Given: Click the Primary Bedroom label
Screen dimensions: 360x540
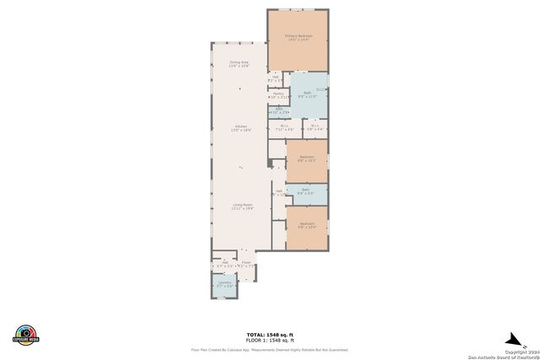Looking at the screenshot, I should (298, 38).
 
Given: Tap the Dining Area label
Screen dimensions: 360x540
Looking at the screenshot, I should (240, 63).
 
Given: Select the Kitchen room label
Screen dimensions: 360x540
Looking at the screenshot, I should (241, 129).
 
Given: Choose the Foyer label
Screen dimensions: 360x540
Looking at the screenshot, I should (246, 264).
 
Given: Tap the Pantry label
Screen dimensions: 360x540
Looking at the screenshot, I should (278, 95).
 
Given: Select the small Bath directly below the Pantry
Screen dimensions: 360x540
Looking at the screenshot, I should (279, 110).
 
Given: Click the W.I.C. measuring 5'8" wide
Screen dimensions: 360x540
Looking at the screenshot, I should (314, 128).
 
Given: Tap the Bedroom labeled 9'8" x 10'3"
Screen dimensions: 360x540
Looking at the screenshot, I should (306, 159).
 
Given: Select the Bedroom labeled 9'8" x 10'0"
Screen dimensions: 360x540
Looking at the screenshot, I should (306, 225).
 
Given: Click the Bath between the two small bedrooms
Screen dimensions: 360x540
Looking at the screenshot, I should (306, 192).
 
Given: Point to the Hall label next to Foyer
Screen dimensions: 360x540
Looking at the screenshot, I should (224, 264).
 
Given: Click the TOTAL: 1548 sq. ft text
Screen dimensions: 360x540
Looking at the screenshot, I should (270, 334).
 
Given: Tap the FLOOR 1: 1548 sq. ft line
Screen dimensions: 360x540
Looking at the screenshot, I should (270, 339).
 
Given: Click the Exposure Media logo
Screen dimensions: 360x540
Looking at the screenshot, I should (26, 335).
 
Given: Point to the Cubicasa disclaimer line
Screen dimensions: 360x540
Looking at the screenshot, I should (270, 349).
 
